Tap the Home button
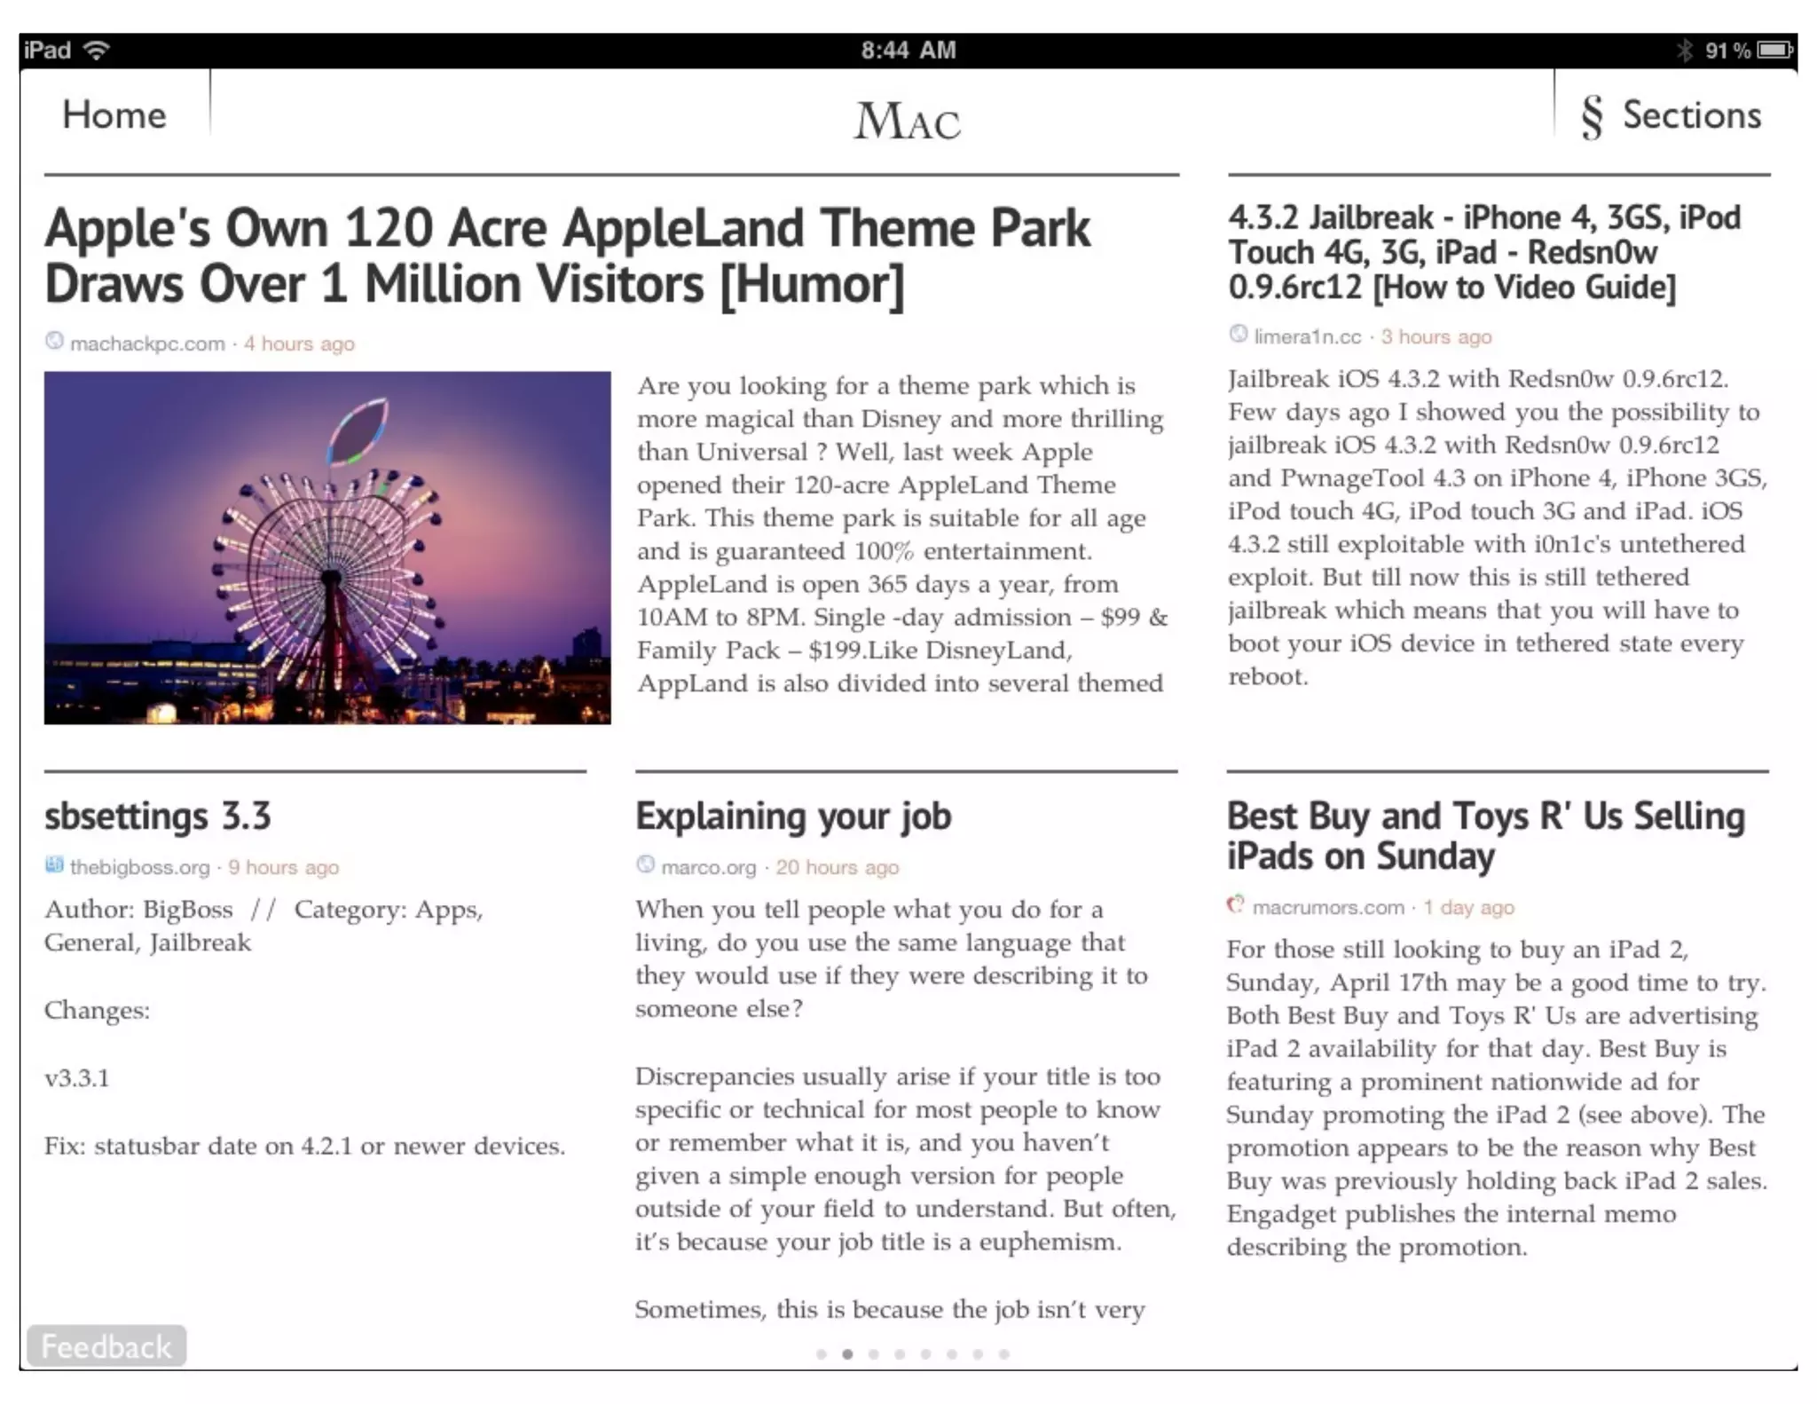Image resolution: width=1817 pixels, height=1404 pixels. pyautogui.click(x=114, y=115)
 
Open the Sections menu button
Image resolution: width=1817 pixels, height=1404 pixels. pyautogui.click(x=1671, y=115)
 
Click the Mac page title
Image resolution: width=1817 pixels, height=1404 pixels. pyautogui.click(x=907, y=121)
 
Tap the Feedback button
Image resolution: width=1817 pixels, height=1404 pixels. pyautogui.click(x=106, y=1346)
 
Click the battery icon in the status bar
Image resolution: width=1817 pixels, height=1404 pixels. pyautogui.click(x=1774, y=51)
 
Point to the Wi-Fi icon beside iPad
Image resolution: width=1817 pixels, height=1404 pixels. pyautogui.click(x=96, y=51)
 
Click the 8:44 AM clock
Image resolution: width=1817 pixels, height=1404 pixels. pyautogui.click(x=908, y=51)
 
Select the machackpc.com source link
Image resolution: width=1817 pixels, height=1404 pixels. pyautogui.click(x=147, y=343)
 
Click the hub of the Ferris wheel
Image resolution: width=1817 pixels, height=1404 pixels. pyautogui.click(x=331, y=578)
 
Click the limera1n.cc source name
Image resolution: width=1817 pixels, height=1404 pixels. pyautogui.click(x=1307, y=337)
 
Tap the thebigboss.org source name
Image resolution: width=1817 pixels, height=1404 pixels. pyautogui.click(x=139, y=867)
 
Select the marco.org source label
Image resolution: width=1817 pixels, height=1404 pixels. pyautogui.click(x=708, y=867)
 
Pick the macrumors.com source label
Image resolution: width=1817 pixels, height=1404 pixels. pyautogui.click(x=1328, y=907)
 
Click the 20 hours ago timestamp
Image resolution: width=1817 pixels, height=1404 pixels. pyautogui.click(x=837, y=867)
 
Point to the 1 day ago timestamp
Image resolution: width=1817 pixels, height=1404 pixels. pyautogui.click(x=1468, y=907)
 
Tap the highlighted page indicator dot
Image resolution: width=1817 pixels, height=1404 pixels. pyautogui.click(x=848, y=1354)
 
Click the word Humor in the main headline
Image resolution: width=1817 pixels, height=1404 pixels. pyautogui.click(x=811, y=285)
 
